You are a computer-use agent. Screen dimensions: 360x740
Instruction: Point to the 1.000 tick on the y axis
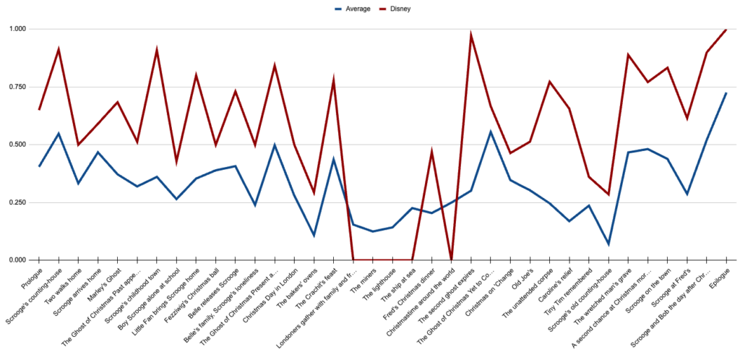click(16, 29)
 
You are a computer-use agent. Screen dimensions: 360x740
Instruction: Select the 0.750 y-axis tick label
click(16, 87)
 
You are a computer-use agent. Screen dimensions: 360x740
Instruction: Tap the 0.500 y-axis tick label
click(16, 145)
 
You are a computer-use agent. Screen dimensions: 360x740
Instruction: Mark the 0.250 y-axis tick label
click(16, 202)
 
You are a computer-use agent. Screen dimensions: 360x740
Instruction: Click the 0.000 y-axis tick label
click(16, 260)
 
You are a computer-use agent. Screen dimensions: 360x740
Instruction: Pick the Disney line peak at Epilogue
click(726, 30)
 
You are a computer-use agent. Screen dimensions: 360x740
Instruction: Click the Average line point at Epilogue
click(726, 93)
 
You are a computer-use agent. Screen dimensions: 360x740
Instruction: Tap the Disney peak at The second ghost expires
click(471, 34)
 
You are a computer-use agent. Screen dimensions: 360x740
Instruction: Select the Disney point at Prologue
click(39, 109)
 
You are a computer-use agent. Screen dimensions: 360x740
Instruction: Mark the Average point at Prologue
click(39, 166)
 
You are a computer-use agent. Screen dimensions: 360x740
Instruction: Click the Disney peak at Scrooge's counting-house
click(59, 49)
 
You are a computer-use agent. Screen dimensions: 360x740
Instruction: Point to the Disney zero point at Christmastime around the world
click(452, 260)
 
